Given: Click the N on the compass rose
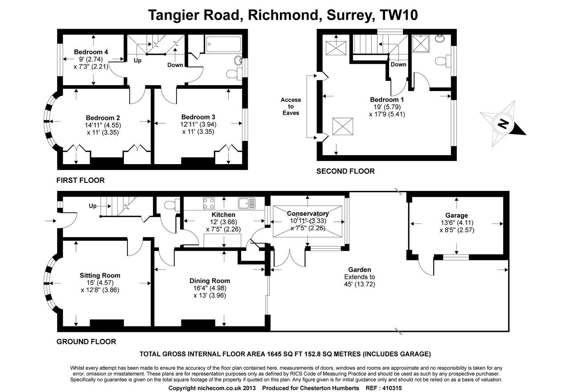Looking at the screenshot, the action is [502, 124].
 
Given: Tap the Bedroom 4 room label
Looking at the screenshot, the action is [91, 52].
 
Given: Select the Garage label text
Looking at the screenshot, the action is [456, 215].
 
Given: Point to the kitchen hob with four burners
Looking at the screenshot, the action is [209, 203].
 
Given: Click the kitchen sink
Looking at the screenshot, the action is [246, 203].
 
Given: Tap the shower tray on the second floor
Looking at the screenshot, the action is [421, 44].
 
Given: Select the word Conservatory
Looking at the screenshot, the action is [308, 214].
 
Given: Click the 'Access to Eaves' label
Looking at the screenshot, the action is [291, 107].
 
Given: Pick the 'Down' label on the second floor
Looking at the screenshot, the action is [398, 65].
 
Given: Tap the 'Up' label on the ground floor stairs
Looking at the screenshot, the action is [93, 206].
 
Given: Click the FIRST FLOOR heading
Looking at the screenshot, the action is [80, 180].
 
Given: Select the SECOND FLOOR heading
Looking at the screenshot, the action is [345, 171].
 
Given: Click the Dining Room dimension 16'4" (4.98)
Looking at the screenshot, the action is [209, 288].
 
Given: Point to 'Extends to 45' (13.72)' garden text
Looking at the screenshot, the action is [360, 281].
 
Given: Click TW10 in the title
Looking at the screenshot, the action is [398, 15].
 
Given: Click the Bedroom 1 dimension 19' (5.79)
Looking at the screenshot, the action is [387, 107].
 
